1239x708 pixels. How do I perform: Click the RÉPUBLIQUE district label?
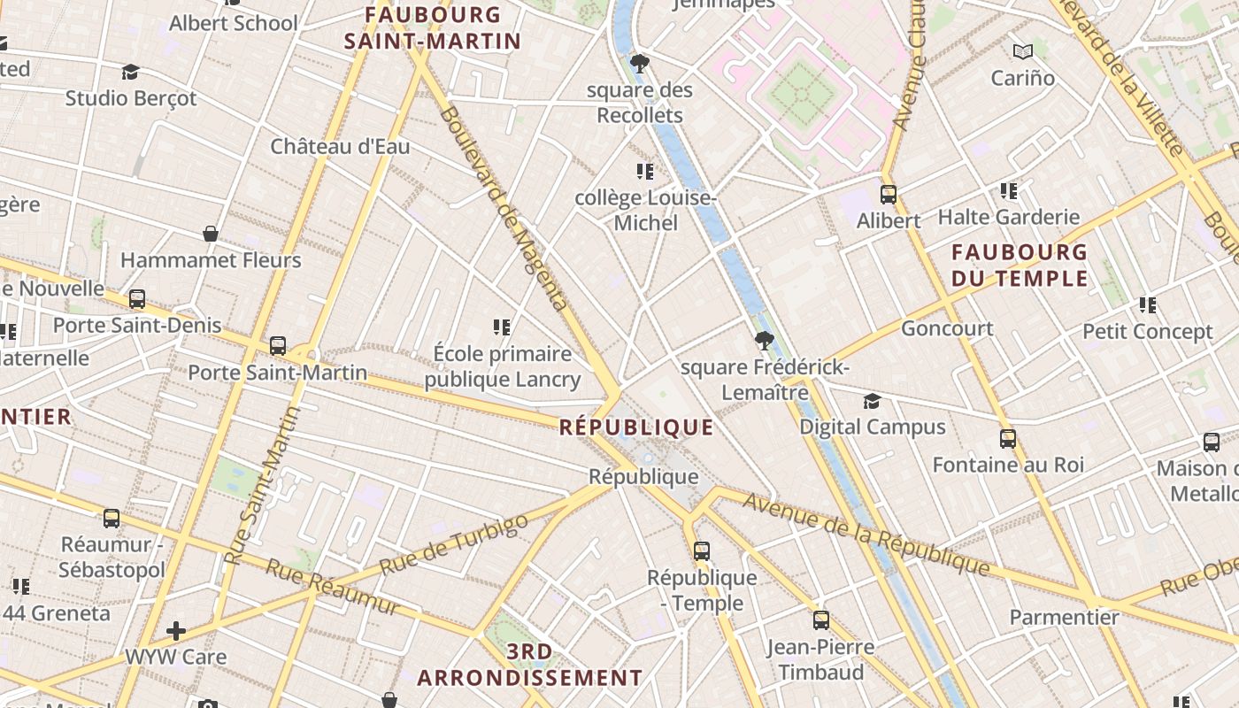click(x=636, y=427)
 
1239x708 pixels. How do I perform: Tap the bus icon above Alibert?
click(x=889, y=195)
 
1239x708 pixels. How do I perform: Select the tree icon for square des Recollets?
click(x=639, y=64)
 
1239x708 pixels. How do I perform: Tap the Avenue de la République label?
click(x=866, y=533)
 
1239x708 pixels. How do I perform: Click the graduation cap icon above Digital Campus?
click(x=872, y=401)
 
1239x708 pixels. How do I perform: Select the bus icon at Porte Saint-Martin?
click(x=278, y=346)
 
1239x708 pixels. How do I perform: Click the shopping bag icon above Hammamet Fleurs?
click(x=211, y=234)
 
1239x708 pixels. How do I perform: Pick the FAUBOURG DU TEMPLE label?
click(x=1020, y=265)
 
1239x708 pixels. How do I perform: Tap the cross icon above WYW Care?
click(x=176, y=631)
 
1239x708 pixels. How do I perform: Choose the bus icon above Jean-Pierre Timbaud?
click(x=821, y=620)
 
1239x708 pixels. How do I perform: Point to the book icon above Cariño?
click(x=1023, y=51)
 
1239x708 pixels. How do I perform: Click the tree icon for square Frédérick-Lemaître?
click(x=764, y=341)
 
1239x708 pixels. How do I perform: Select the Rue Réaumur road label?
click(x=333, y=588)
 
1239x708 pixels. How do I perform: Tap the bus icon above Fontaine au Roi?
click(x=1007, y=439)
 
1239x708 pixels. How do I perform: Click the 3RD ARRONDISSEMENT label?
click(x=530, y=665)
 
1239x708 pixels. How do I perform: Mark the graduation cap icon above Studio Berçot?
click(x=131, y=72)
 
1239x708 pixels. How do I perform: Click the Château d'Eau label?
click(x=340, y=146)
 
